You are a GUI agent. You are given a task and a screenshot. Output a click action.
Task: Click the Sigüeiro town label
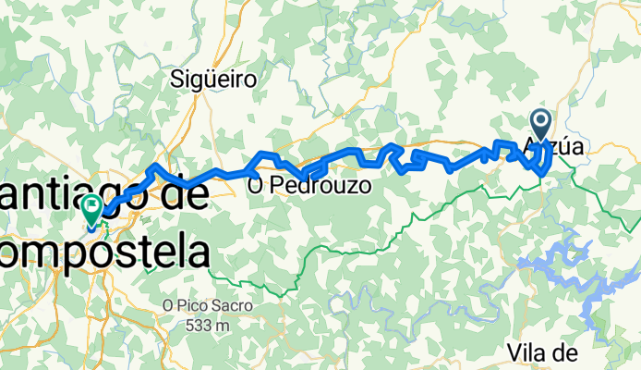[x=213, y=80]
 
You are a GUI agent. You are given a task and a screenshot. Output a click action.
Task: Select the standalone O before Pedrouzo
[x=256, y=186]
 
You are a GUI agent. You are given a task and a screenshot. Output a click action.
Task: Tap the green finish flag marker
[x=92, y=209]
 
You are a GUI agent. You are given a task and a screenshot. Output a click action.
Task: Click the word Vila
[x=528, y=352]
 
